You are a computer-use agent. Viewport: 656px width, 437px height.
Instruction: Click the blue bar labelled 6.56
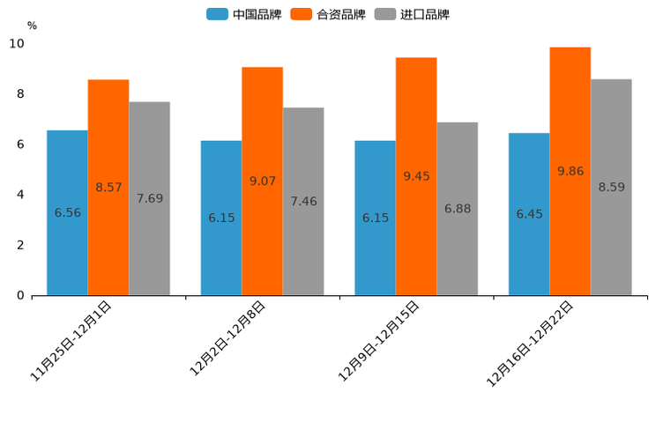pyautogui.click(x=67, y=212)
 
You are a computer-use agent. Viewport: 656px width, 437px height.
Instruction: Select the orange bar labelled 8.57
pyautogui.click(x=108, y=187)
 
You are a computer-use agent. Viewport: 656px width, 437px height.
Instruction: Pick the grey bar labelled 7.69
pyautogui.click(x=149, y=198)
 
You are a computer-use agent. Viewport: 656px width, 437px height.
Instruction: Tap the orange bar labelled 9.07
pyautogui.click(x=262, y=181)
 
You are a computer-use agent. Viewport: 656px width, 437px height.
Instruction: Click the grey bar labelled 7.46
pyautogui.click(x=303, y=201)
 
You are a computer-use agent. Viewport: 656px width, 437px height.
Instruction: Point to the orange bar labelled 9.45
pyautogui.click(x=416, y=176)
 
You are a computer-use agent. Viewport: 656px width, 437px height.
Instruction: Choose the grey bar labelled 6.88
pyautogui.click(x=457, y=209)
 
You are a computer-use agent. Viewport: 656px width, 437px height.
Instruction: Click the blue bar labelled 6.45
pyautogui.click(x=529, y=214)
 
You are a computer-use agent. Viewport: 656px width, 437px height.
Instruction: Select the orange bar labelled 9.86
pyautogui.click(x=570, y=171)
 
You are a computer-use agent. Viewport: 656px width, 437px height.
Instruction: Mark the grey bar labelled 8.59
pyautogui.click(x=611, y=187)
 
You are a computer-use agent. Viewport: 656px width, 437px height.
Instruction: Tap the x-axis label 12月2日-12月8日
pyautogui.click(x=228, y=338)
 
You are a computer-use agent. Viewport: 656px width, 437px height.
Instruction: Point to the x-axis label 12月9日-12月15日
pyautogui.click(x=379, y=340)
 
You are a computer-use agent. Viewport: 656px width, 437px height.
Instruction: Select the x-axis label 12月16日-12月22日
pyautogui.click(x=531, y=343)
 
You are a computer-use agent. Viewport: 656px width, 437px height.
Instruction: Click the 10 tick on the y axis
pyautogui.click(x=17, y=44)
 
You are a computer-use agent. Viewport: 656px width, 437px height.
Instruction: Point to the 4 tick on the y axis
pyautogui.click(x=20, y=195)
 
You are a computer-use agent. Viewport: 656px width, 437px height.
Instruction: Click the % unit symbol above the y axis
pyautogui.click(x=32, y=26)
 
